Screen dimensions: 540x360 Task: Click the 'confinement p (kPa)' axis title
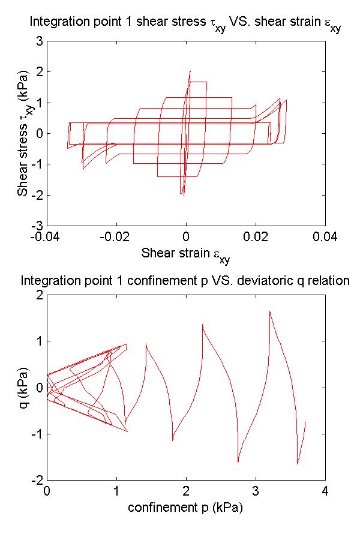pyautogui.click(x=185, y=508)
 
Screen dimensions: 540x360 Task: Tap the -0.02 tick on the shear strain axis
pyautogui.click(x=115, y=236)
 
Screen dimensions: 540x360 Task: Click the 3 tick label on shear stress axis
pyautogui.click(x=38, y=41)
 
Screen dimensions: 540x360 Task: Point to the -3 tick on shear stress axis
pyautogui.click(x=36, y=225)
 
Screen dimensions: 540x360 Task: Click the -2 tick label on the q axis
pyautogui.click(x=36, y=480)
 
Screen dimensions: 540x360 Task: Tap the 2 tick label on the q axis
pyautogui.click(x=38, y=295)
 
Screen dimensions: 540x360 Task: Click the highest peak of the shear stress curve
pyautogui.click(x=190, y=71)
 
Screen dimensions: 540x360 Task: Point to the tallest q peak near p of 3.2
pyautogui.click(x=269, y=311)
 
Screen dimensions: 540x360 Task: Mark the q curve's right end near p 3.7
pyautogui.click(x=305, y=422)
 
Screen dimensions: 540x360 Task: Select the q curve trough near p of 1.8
pyautogui.click(x=173, y=440)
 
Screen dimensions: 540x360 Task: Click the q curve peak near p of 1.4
pyautogui.click(x=146, y=344)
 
